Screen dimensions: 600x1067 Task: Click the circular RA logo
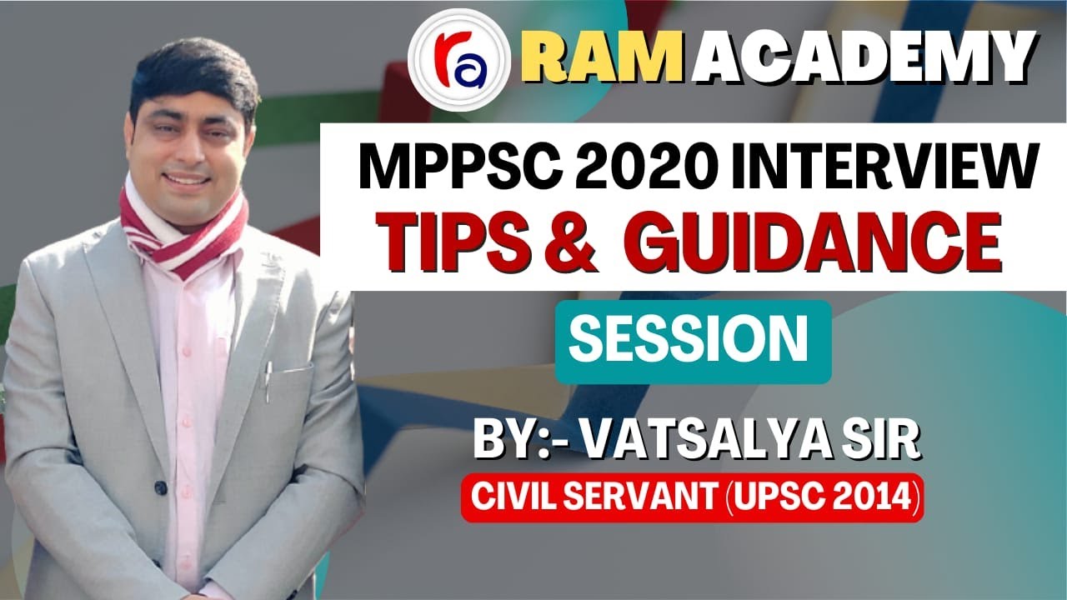(x=459, y=60)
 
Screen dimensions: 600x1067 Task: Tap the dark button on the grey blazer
(x=160, y=487)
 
